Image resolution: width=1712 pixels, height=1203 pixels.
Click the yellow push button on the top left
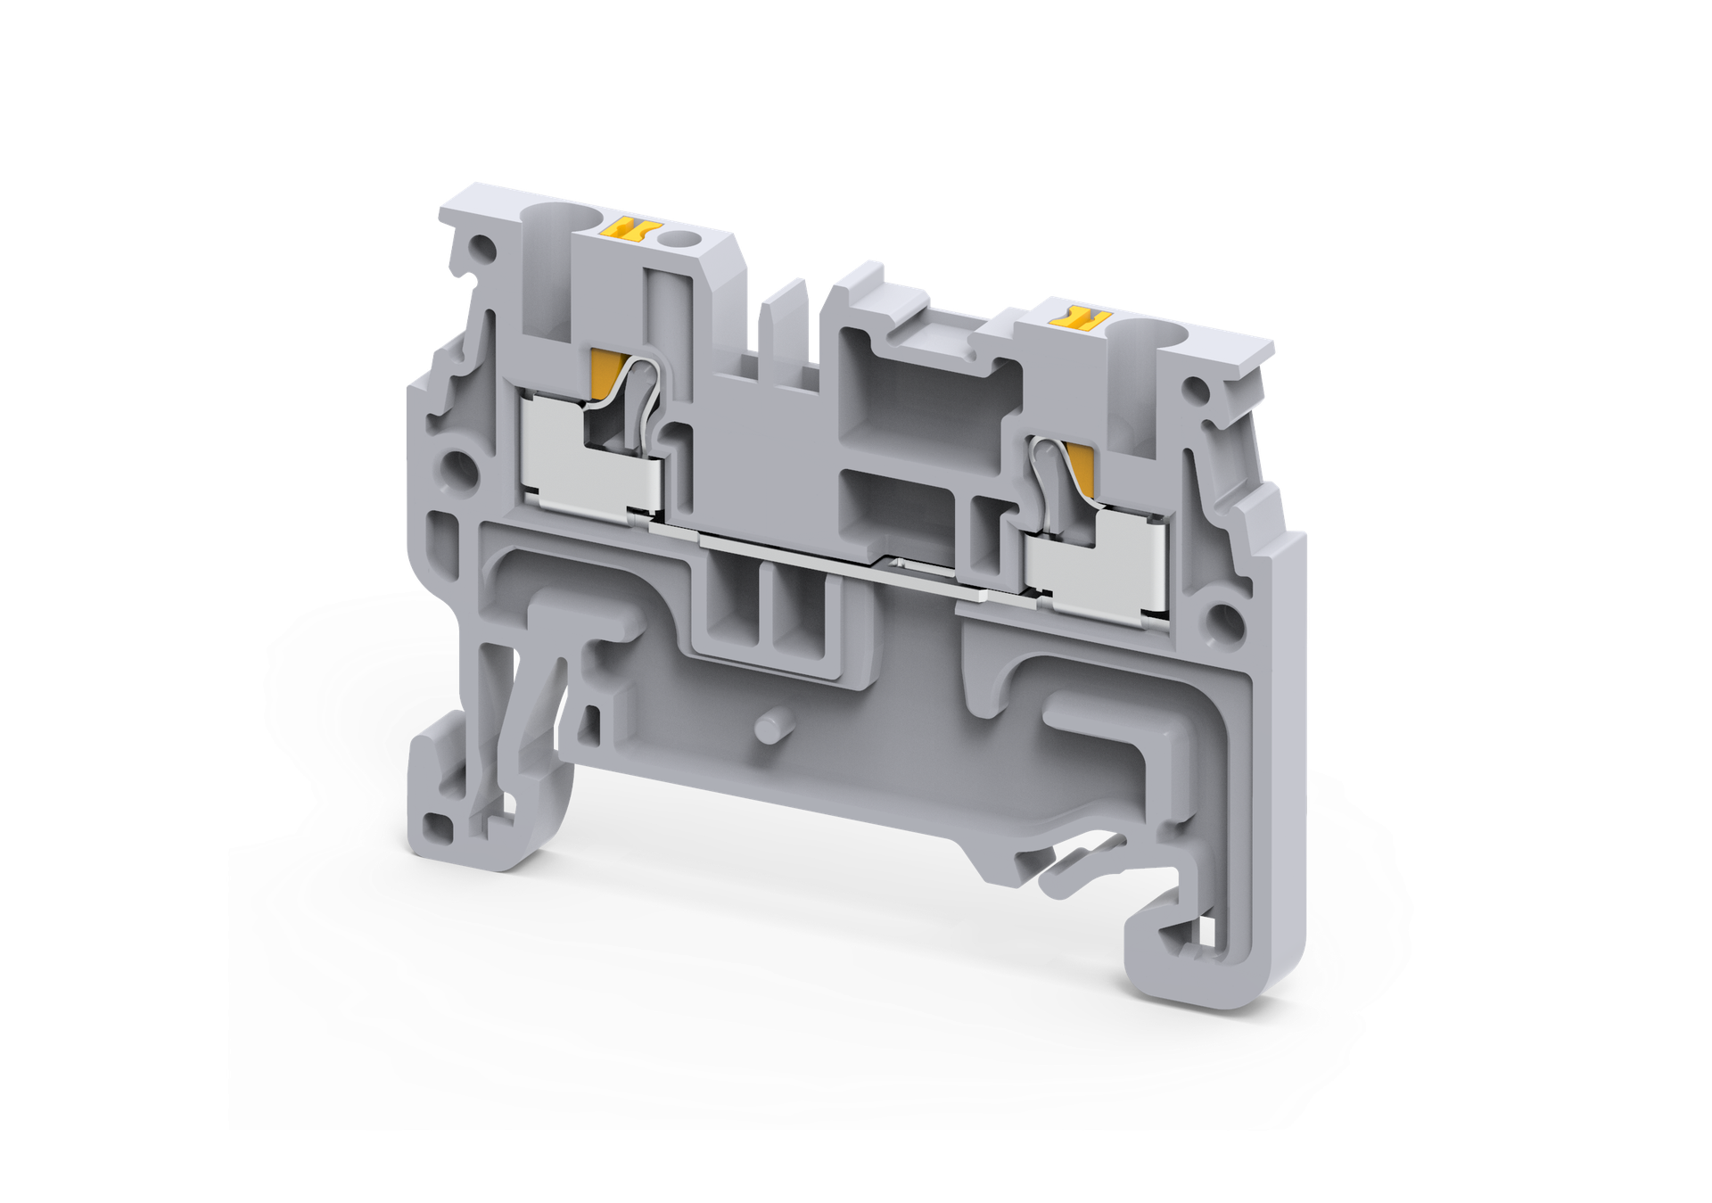click(x=635, y=230)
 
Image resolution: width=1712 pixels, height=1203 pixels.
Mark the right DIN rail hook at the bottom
click(x=1186, y=945)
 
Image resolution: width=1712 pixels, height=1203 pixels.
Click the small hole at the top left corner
click(x=482, y=245)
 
